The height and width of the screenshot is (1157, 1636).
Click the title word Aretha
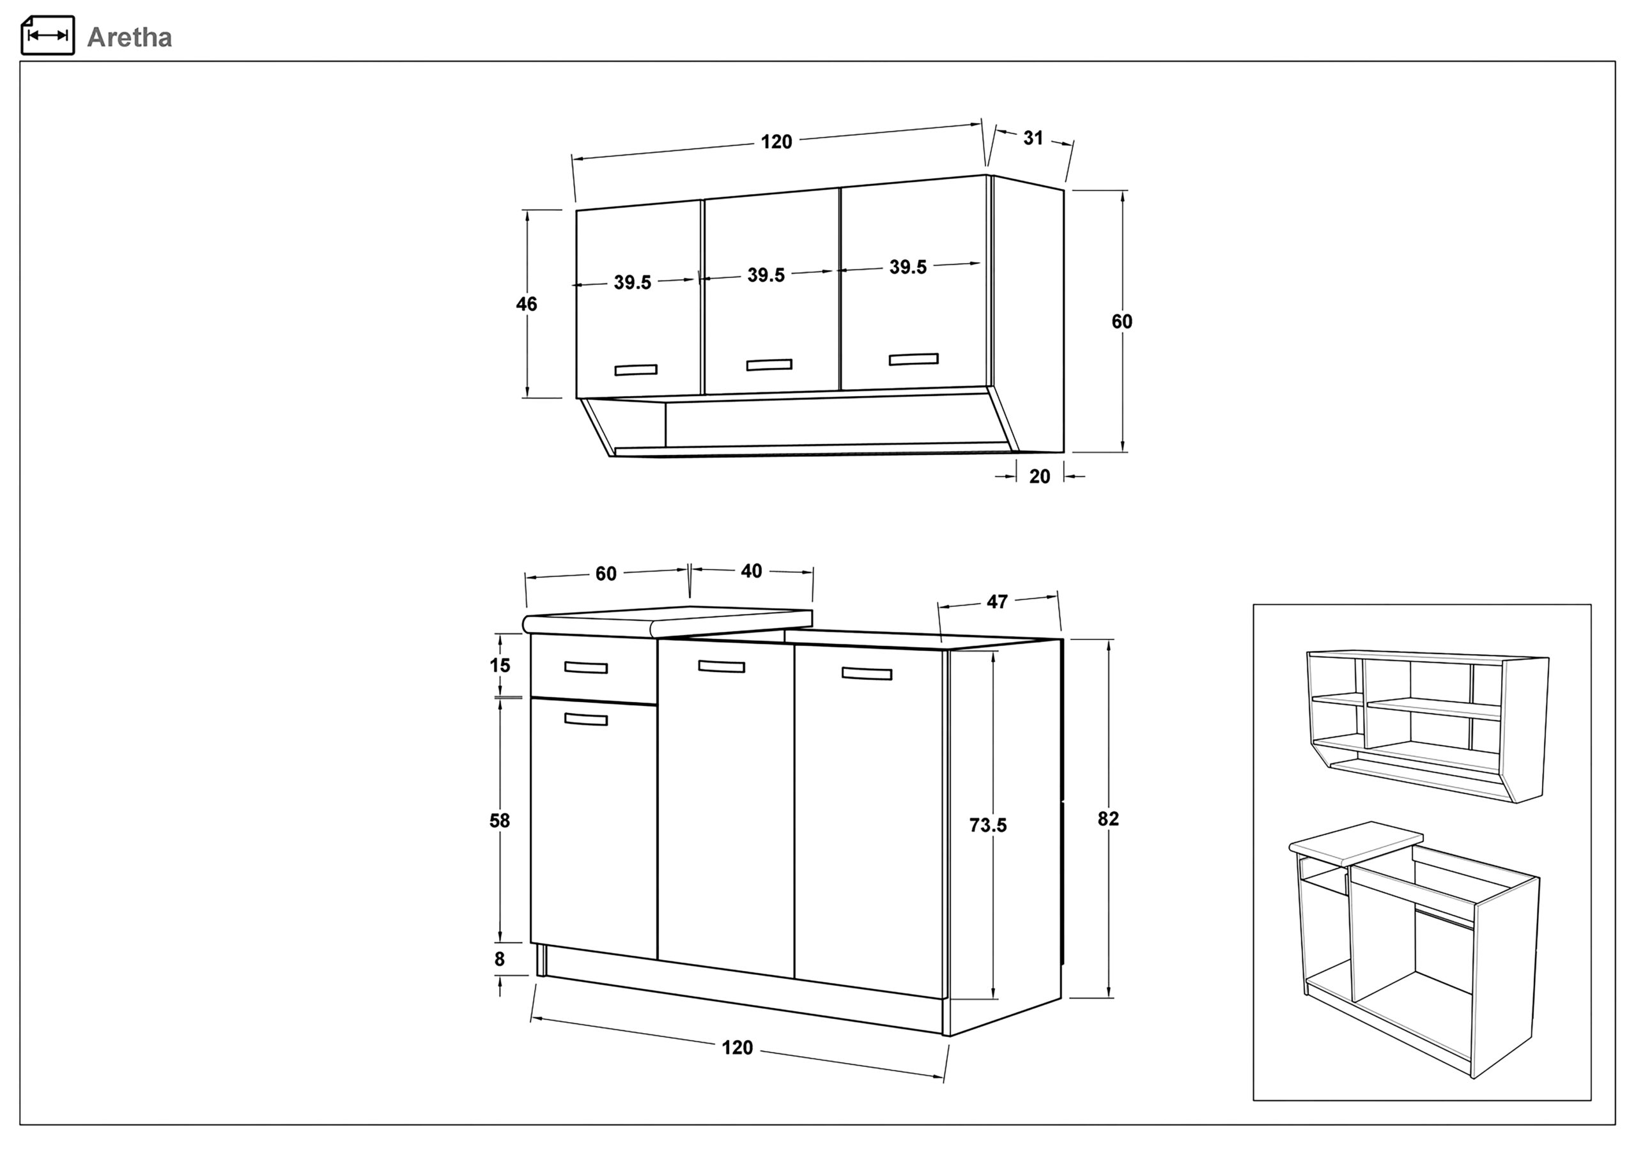click(x=129, y=37)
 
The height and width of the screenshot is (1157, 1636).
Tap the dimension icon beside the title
click(x=48, y=35)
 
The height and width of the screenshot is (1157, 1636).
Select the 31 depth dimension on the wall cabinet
click(x=1033, y=138)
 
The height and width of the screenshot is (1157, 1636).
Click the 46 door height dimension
click(x=527, y=304)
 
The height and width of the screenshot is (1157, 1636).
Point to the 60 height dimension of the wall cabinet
click(x=1122, y=322)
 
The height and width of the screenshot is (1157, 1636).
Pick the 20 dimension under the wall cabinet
click(x=1040, y=477)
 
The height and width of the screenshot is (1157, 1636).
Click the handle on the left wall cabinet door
click(x=636, y=370)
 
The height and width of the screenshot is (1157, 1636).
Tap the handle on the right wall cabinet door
click(x=913, y=359)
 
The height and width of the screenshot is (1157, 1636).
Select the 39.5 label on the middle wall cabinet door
click(x=766, y=275)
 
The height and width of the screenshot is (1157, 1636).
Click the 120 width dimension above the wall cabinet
click(x=776, y=142)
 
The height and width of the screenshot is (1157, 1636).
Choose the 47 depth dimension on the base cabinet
click(x=997, y=602)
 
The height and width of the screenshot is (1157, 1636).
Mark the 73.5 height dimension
click(x=987, y=825)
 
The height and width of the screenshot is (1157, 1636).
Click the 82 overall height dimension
click(x=1108, y=819)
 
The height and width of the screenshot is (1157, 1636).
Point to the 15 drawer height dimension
click(x=500, y=666)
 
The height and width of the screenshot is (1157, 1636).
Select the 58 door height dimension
click(x=500, y=821)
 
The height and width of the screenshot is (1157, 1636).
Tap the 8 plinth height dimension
click(x=500, y=959)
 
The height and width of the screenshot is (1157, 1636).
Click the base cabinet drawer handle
click(x=586, y=668)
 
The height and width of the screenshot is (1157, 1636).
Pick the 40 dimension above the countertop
click(x=751, y=571)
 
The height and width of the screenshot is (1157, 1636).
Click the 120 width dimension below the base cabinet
click(x=737, y=1047)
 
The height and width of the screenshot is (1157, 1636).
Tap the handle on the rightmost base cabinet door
click(x=867, y=673)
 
